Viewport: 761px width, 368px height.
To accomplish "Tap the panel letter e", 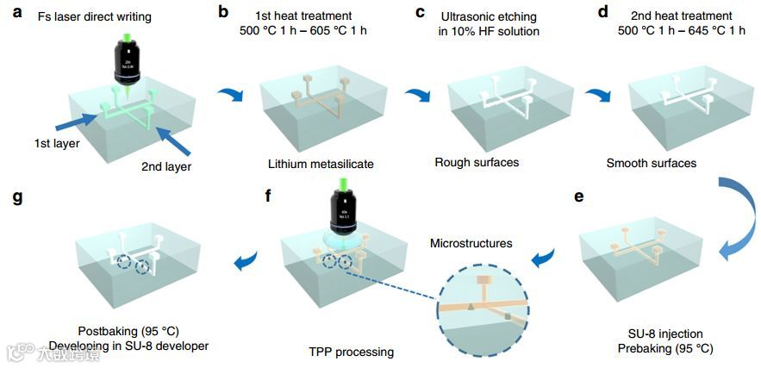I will [x=577, y=196].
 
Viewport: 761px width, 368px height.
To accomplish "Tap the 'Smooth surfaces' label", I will [x=650, y=162].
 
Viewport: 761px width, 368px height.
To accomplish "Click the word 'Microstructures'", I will [x=471, y=244].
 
